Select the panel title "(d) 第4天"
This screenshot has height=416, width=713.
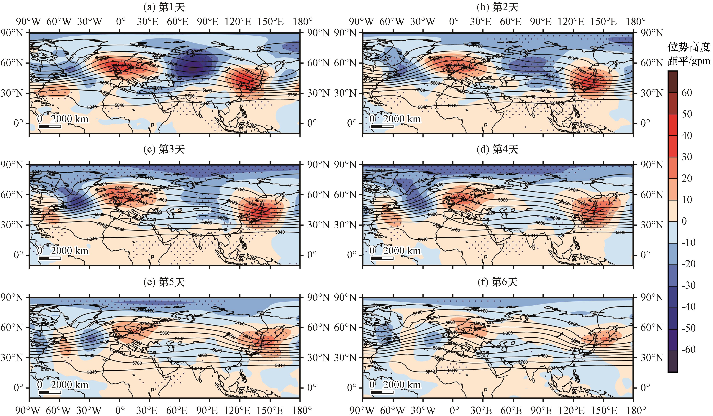coord(497,149)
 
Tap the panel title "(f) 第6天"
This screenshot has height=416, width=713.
coord(497,282)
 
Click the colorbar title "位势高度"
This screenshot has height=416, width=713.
coord(688,47)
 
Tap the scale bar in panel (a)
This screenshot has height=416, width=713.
coord(50,126)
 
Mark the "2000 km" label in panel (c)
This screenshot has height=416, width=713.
coord(70,251)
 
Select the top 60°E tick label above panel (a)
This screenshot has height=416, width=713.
coord(177,22)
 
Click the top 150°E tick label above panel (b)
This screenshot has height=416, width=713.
coord(604,22)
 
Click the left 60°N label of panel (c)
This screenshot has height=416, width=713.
coord(12,195)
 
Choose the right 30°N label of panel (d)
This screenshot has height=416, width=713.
coord(651,225)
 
